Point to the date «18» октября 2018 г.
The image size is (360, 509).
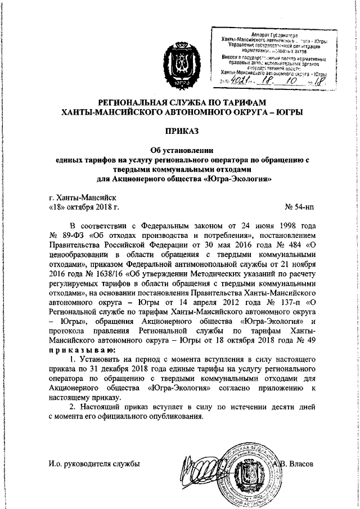85,208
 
